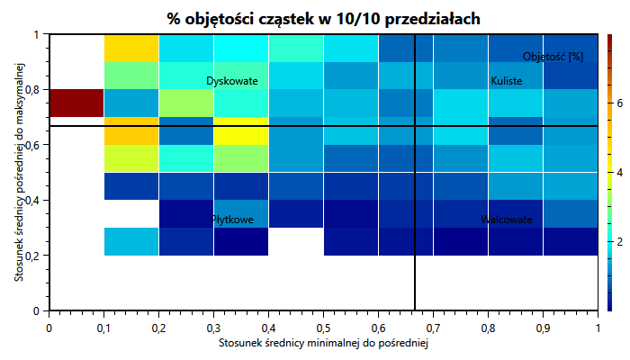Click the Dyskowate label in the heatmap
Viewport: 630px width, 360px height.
232,82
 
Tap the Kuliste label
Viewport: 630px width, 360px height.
507,82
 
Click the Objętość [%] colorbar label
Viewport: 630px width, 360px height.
553,57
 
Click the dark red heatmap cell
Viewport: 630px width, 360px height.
76,103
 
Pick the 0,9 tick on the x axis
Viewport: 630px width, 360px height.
543,328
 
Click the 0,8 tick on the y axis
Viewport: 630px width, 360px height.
34,90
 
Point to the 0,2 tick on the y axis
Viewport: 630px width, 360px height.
34,256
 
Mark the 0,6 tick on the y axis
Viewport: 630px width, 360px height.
34,145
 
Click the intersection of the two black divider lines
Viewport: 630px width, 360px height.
415,126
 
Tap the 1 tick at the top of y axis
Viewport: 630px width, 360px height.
38,35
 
